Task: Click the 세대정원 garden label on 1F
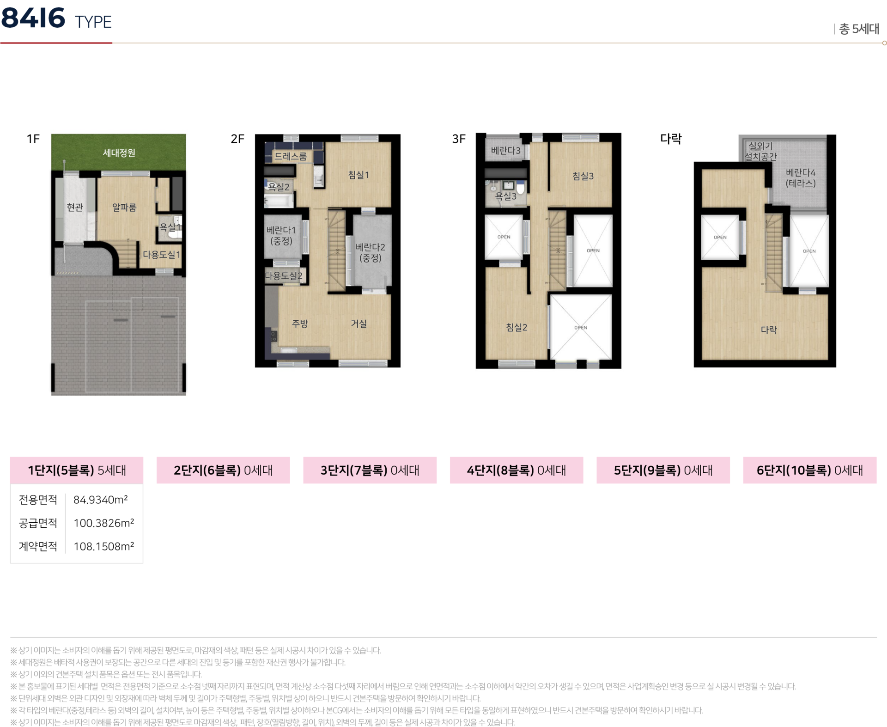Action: (119, 153)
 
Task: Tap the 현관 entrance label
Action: (75, 207)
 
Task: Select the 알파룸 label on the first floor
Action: (124, 208)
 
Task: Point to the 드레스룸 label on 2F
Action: (291, 157)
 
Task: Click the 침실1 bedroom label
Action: (358, 175)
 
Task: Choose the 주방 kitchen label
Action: (300, 324)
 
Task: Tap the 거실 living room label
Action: (359, 324)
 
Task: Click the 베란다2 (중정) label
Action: (370, 253)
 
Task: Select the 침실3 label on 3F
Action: (583, 176)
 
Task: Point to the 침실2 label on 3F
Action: (516, 327)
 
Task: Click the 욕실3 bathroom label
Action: (506, 196)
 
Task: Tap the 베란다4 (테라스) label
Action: (801, 178)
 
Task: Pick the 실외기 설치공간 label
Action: (760, 151)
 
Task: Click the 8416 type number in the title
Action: (33, 18)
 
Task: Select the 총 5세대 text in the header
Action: (859, 29)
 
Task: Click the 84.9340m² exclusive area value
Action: (101, 500)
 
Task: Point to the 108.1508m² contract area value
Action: (104, 546)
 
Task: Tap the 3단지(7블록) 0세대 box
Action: (370, 470)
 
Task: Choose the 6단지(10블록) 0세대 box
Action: (810, 470)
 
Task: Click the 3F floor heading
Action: (459, 139)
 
